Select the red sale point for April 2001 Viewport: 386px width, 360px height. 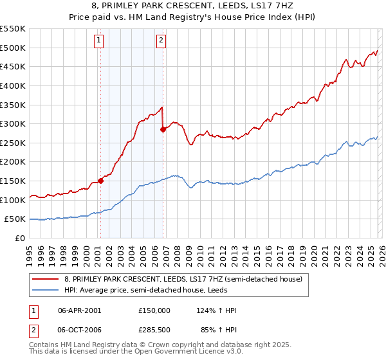(x=100, y=181)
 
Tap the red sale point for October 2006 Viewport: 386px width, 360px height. (x=163, y=129)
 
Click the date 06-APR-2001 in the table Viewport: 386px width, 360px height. (x=80, y=310)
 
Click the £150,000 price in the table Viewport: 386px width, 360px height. (x=154, y=310)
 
